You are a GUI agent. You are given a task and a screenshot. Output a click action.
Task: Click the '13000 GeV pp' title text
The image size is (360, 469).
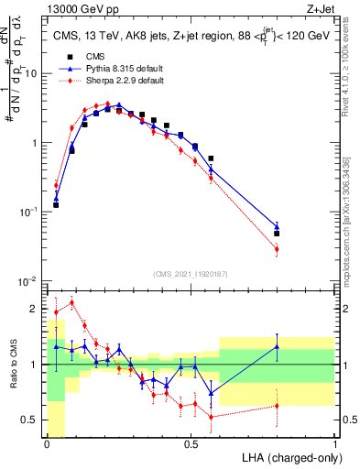(x=79, y=8)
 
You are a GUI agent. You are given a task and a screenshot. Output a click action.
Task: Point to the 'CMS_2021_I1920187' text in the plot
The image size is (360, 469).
(x=191, y=274)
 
